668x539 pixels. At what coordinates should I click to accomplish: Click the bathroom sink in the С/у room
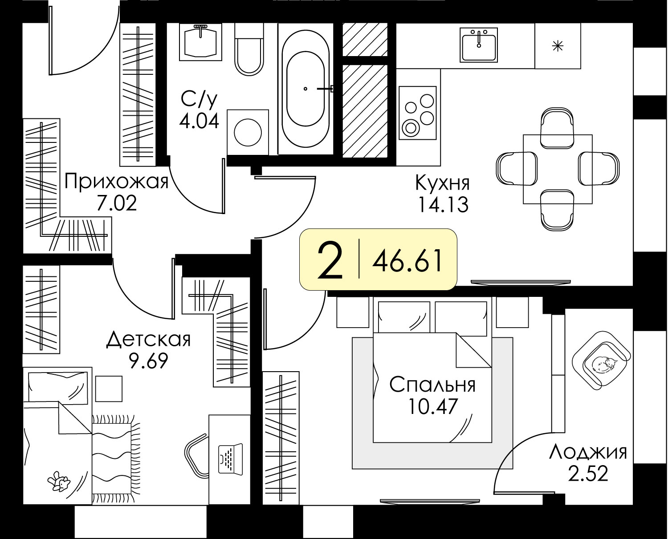click(x=201, y=42)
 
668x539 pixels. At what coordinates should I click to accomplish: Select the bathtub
click(x=305, y=89)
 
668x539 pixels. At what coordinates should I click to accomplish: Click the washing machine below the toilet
click(x=248, y=132)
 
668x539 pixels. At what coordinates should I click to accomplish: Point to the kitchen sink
click(x=479, y=45)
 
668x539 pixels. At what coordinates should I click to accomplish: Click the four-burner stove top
click(x=418, y=113)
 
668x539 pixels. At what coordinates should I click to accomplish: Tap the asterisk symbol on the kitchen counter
click(x=558, y=46)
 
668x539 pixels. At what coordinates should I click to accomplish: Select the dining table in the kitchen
click(x=558, y=169)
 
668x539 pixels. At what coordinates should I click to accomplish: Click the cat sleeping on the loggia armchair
click(x=604, y=365)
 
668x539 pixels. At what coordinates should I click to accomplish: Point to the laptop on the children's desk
click(x=231, y=459)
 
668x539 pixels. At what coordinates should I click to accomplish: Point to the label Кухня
click(x=443, y=183)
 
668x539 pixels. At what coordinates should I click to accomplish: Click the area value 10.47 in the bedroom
click(x=432, y=406)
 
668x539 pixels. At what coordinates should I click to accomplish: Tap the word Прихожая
click(x=116, y=181)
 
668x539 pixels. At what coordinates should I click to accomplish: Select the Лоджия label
click(x=588, y=453)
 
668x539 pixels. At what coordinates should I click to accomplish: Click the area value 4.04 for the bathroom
click(x=199, y=121)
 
